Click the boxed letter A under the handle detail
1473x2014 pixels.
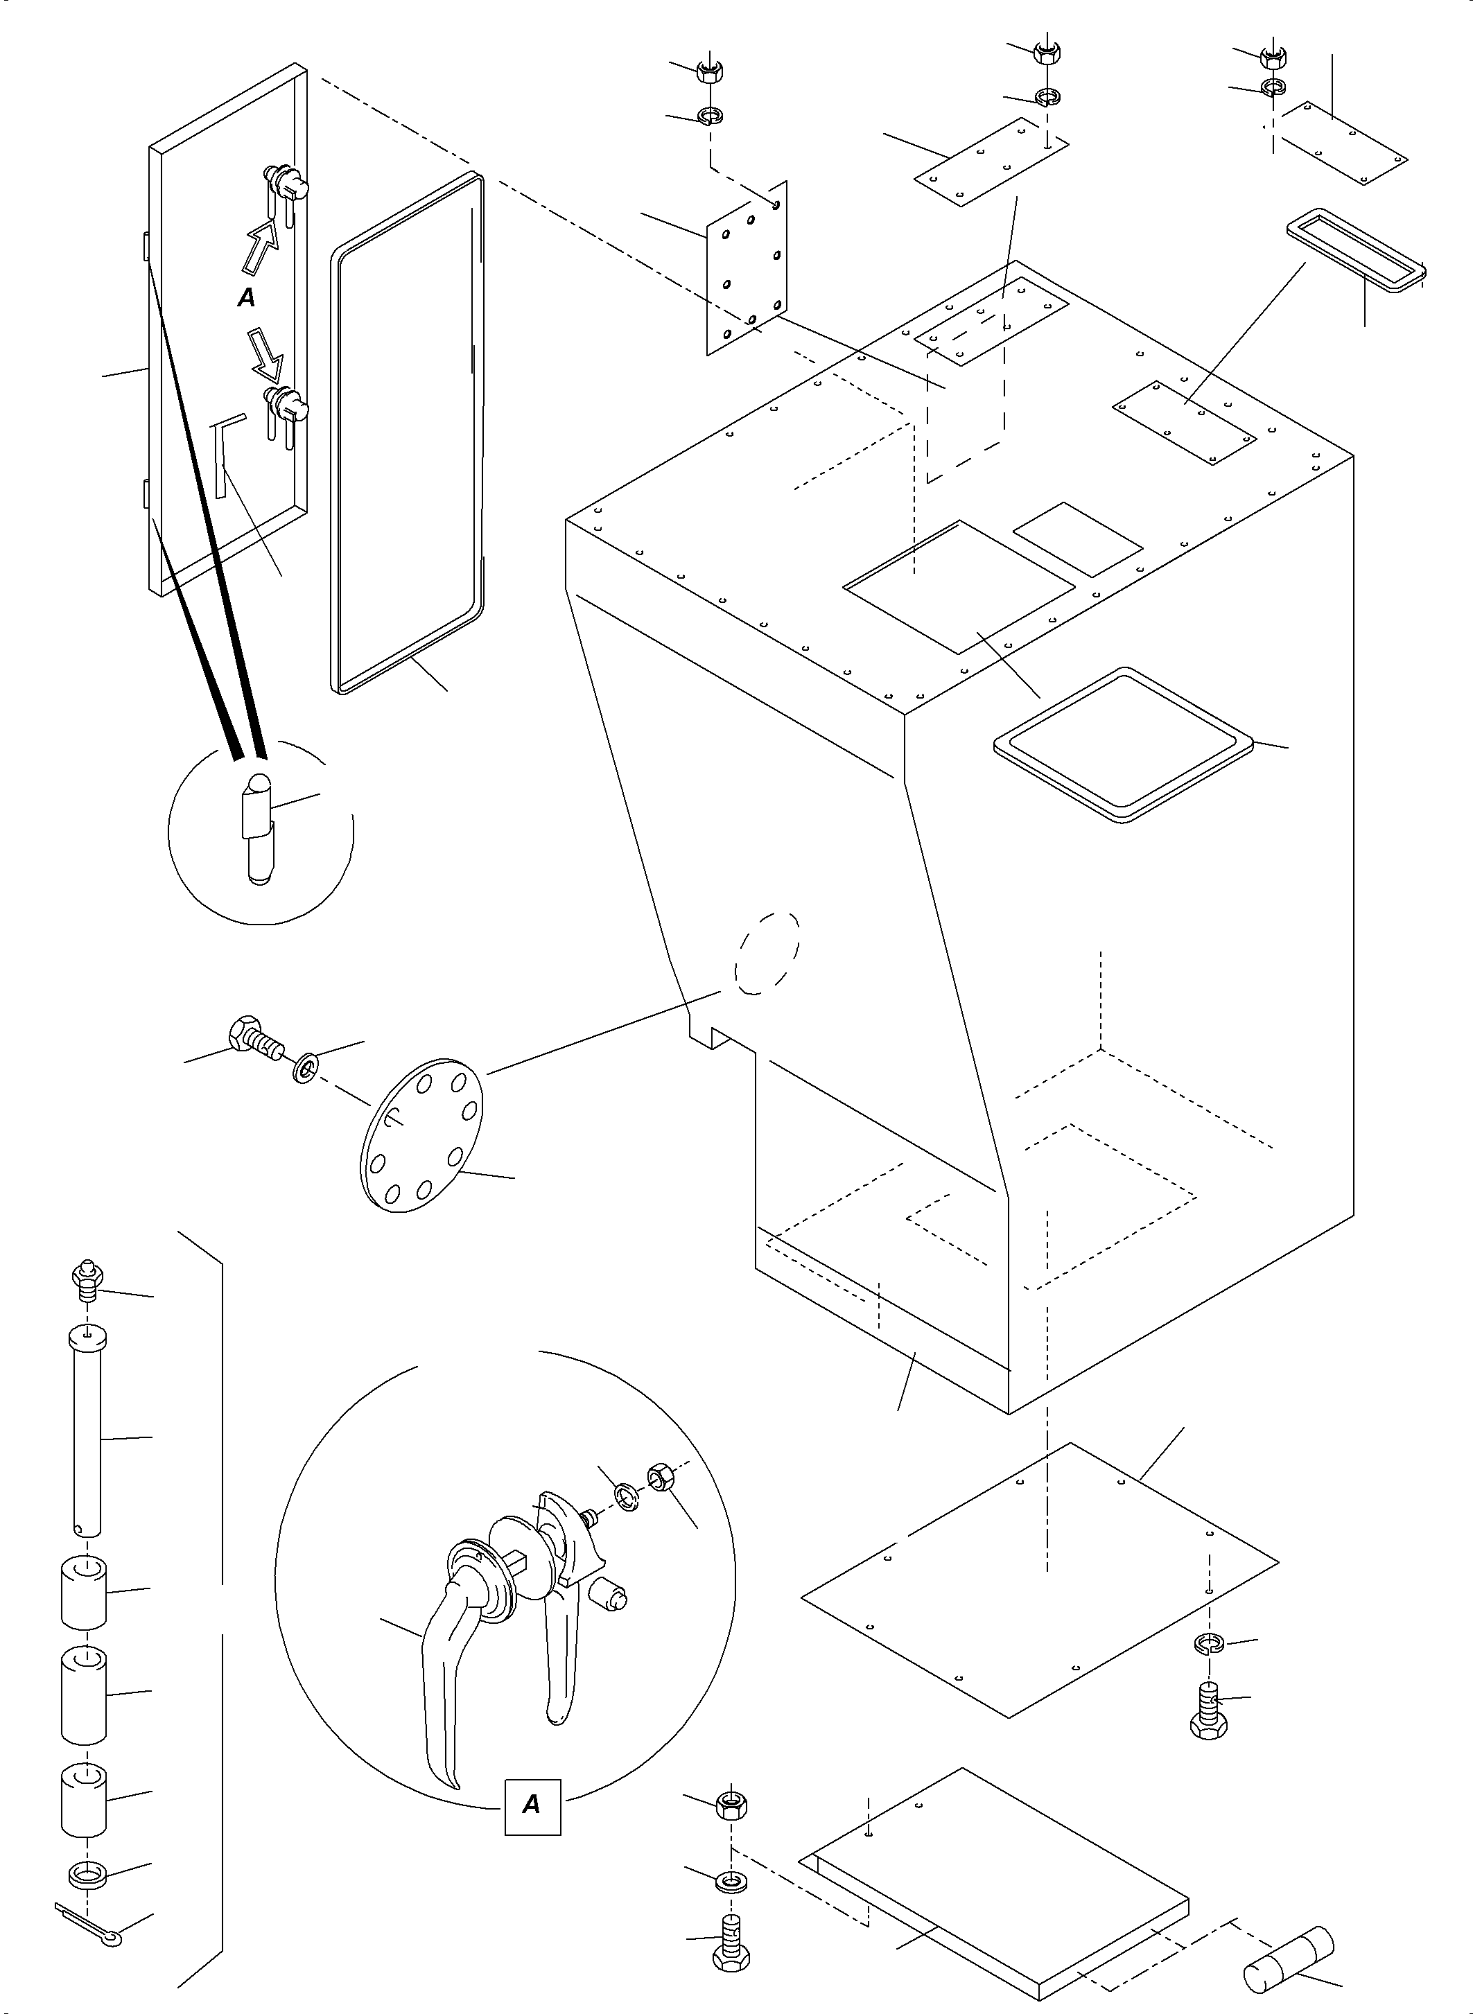coord(532,1805)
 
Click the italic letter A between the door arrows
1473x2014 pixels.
coord(246,299)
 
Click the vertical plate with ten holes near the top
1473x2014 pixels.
coord(747,268)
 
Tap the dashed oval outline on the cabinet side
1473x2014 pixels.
coord(767,953)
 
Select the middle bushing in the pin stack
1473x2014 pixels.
coord(84,1694)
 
